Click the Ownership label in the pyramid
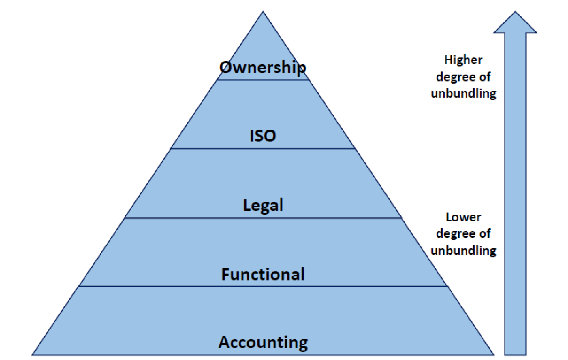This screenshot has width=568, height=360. [x=263, y=68]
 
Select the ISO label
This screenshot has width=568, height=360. [x=263, y=136]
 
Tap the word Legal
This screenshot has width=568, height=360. [x=263, y=205]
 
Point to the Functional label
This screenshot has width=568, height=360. [x=263, y=274]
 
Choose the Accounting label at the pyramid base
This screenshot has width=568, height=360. [x=263, y=342]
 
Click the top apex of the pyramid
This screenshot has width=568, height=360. [x=263, y=13]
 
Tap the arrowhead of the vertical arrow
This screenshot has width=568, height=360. [x=515, y=23]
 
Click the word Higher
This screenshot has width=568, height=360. [x=464, y=60]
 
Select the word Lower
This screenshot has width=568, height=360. [x=464, y=217]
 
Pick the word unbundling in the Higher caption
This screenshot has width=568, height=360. [x=464, y=94]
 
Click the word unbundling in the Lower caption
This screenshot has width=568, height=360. [x=464, y=251]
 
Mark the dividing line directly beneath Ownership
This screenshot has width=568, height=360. [x=263, y=80]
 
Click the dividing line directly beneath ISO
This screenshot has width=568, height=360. [x=263, y=149]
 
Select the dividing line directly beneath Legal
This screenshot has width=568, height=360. [x=263, y=218]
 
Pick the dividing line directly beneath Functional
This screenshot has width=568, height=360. [x=263, y=286]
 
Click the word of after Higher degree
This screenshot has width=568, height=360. [x=485, y=77]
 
